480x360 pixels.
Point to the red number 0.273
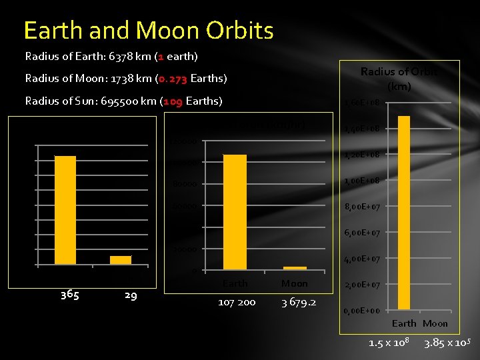(x=173, y=79)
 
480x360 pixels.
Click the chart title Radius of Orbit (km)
(x=399, y=79)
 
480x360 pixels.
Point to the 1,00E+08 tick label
(x=361, y=181)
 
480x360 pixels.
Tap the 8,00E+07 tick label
(x=361, y=207)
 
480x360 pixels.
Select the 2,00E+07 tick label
(x=361, y=285)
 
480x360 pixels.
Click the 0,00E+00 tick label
(x=361, y=311)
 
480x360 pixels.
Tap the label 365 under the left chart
(x=70, y=295)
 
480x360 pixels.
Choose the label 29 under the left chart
(x=131, y=295)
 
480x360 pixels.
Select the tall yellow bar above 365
(x=65, y=210)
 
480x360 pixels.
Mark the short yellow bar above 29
(x=121, y=260)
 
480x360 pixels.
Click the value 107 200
(x=237, y=302)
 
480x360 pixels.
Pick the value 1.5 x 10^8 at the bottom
(x=389, y=343)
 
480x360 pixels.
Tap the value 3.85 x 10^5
(x=447, y=343)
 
